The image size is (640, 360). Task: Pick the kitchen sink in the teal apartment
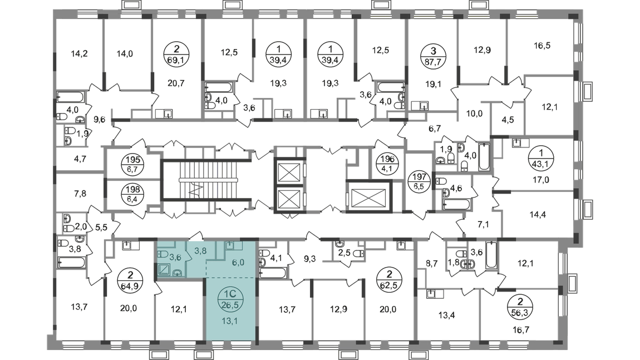click(231, 246)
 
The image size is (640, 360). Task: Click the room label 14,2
click(80, 54)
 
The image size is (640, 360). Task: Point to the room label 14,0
click(124, 54)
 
